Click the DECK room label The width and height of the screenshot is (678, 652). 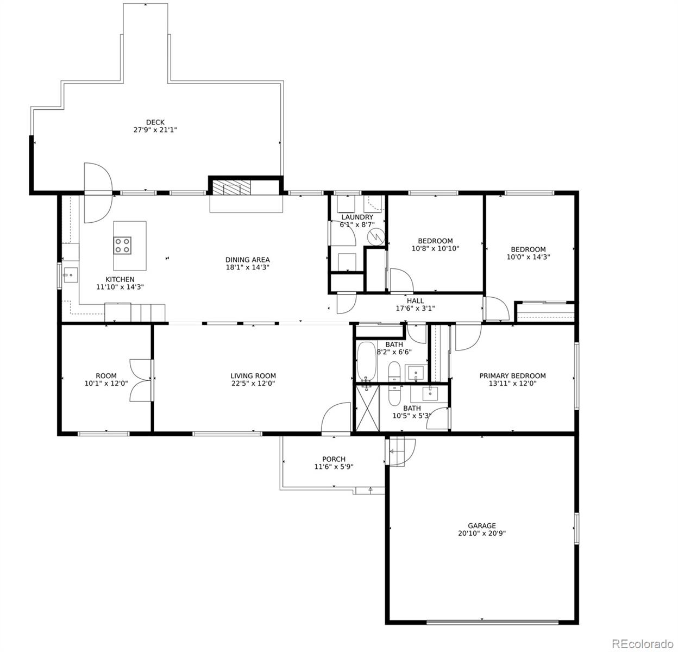point(155,122)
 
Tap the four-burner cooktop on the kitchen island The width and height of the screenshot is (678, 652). point(122,246)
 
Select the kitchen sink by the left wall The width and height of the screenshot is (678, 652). point(71,275)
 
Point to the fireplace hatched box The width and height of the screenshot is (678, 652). point(231,187)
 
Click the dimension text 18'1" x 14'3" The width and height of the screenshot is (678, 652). point(247,267)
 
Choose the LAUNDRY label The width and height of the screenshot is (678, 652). point(357,217)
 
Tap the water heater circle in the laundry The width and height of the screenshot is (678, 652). point(375,237)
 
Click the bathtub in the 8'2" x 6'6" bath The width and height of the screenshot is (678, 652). point(366,362)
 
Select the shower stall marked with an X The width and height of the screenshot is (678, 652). point(367,408)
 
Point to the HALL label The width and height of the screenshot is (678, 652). point(415,301)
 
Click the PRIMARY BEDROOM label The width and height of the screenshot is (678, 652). point(512,375)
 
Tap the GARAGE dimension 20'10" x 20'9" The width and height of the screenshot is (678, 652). point(482,533)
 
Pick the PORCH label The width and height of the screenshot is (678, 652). point(334,459)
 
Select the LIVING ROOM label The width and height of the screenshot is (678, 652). point(253,375)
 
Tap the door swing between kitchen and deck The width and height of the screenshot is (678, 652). point(98,193)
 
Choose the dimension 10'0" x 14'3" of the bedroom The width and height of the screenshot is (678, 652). point(528,257)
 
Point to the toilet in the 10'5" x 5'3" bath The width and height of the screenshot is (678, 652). point(394,395)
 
